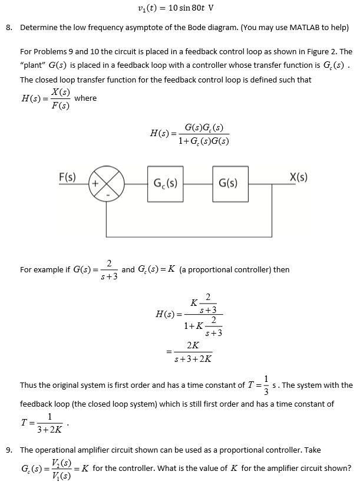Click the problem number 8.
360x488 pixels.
[x=8, y=28]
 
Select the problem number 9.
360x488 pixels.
[x=8, y=450]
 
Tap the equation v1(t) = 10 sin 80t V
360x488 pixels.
[x=174, y=8]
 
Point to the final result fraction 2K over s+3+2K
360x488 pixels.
[x=193, y=352]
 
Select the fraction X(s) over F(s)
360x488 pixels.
[x=60, y=99]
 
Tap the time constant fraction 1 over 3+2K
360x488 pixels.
[x=49, y=423]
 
